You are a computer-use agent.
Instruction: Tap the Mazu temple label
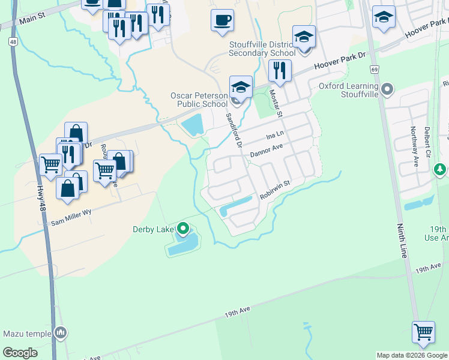(x=28, y=334)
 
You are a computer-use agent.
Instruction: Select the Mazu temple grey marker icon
(x=60, y=332)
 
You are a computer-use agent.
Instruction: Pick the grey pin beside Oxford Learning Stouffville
(x=387, y=90)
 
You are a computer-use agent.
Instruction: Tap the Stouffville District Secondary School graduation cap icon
(x=304, y=37)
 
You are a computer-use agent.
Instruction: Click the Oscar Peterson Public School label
(x=199, y=100)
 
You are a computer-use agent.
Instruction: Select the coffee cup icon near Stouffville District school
(x=222, y=20)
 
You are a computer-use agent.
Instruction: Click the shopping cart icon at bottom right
(x=423, y=332)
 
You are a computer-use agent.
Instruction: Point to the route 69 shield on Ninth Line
(x=375, y=70)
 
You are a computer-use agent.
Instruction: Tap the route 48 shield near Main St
(x=12, y=42)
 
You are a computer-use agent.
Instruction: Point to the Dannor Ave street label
(x=266, y=149)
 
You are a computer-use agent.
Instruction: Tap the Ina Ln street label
(x=274, y=137)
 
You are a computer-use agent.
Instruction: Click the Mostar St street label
(x=277, y=102)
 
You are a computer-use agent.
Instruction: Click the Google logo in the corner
(x=20, y=353)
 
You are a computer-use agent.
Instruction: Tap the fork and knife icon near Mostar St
(x=280, y=71)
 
